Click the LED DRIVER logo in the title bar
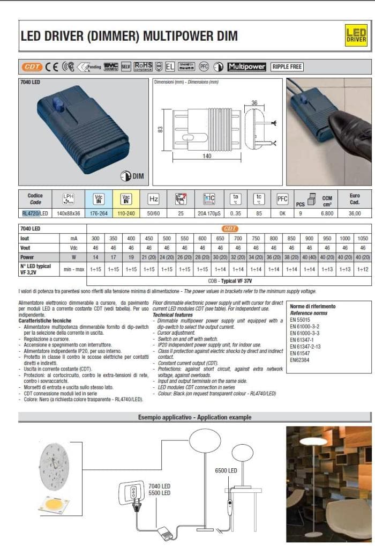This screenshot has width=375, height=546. [x=356, y=35]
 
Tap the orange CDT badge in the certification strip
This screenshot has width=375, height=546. [x=32, y=67]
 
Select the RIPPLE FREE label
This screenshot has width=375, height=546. [x=287, y=67]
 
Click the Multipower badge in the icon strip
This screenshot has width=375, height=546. [x=246, y=67]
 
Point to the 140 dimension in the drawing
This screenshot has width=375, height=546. [x=206, y=156]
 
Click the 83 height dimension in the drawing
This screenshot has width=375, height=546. [x=160, y=129]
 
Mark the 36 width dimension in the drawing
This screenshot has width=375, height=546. [x=255, y=103]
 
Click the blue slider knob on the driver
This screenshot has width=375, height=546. [x=58, y=105]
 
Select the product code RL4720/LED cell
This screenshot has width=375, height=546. [x=35, y=213]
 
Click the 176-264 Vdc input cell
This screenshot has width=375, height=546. [x=99, y=213]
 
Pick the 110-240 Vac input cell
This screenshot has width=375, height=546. [x=126, y=213]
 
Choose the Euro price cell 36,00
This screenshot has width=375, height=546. [x=355, y=213]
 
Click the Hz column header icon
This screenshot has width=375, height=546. [x=154, y=199]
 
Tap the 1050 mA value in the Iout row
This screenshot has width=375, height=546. [x=363, y=238]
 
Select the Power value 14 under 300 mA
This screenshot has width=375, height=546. [x=95, y=257]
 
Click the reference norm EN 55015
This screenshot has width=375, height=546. [x=301, y=319]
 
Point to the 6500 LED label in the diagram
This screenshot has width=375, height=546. [x=226, y=471]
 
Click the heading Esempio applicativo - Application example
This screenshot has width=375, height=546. [x=194, y=417]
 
